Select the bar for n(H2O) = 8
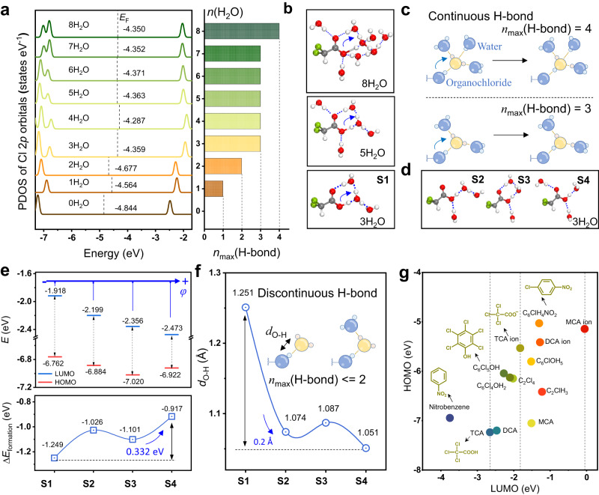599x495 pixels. tap(241, 31)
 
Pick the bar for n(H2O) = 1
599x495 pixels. tap(213, 188)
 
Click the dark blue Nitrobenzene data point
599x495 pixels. tap(449, 417)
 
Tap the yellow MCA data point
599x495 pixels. tap(532, 424)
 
